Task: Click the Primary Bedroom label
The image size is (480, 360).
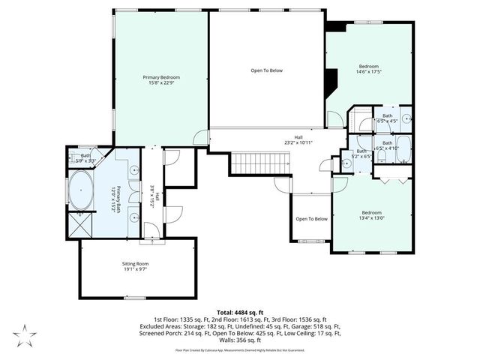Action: click(x=161, y=77)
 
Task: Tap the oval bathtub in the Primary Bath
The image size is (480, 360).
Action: click(x=79, y=191)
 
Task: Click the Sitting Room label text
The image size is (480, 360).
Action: click(x=136, y=264)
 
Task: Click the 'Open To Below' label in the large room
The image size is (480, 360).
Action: click(x=266, y=70)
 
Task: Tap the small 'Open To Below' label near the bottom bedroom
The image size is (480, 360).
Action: click(x=311, y=219)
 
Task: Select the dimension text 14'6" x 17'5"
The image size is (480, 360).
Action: click(x=371, y=72)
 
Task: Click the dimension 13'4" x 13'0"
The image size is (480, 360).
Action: click(x=372, y=218)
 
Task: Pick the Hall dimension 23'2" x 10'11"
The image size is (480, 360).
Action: click(x=298, y=142)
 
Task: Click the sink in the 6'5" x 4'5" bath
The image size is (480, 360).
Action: click(x=404, y=118)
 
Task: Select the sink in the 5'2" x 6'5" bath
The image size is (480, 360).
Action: click(x=346, y=160)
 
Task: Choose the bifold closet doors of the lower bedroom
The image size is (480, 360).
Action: click(x=393, y=181)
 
